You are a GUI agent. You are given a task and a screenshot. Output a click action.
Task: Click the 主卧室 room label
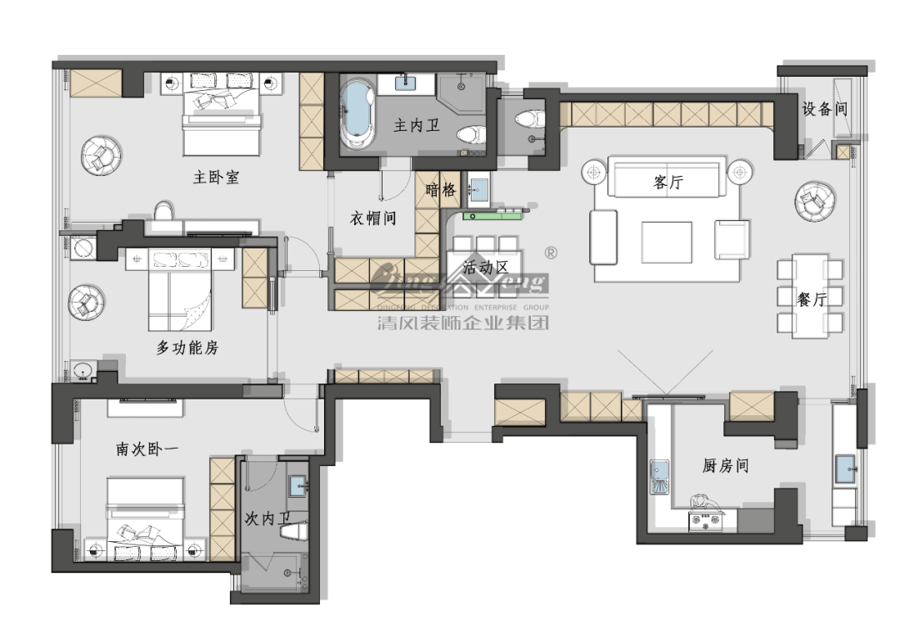click(216, 178)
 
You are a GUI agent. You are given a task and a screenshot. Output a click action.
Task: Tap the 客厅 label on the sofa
click(667, 183)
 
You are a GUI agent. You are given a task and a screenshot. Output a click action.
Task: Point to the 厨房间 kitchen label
click(724, 466)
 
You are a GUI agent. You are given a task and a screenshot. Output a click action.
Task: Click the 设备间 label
click(824, 109)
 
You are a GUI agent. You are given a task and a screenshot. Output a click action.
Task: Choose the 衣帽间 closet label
click(372, 218)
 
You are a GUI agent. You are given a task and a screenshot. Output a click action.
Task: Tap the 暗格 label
click(441, 190)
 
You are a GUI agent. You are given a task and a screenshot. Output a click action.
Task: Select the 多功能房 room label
click(187, 348)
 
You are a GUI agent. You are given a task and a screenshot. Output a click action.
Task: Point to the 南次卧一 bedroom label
click(147, 449)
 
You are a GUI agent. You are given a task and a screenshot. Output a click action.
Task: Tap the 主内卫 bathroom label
click(416, 127)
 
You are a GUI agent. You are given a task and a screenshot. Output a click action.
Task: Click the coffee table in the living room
click(666, 242)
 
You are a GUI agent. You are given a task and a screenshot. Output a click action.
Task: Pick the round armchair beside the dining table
click(812, 201)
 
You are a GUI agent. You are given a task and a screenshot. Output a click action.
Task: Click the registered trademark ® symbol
click(550, 252)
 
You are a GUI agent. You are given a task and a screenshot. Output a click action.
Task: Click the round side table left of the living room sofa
click(593, 173)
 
